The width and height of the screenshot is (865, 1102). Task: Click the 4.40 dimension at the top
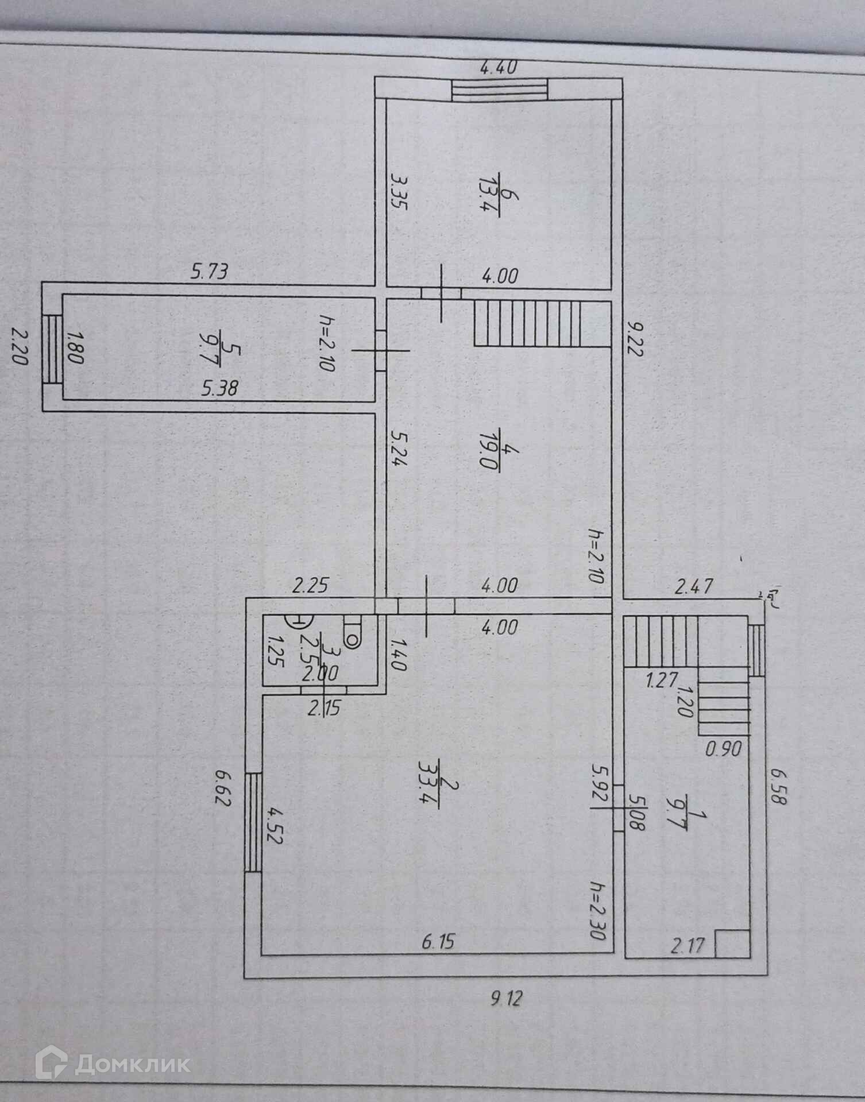tap(498, 68)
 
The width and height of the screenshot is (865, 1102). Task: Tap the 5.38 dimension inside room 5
tap(220, 389)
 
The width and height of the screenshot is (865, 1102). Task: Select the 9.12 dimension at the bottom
tap(505, 999)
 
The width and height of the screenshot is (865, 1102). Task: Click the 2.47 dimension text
tap(694, 586)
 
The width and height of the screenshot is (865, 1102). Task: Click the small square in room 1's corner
tap(732, 944)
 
